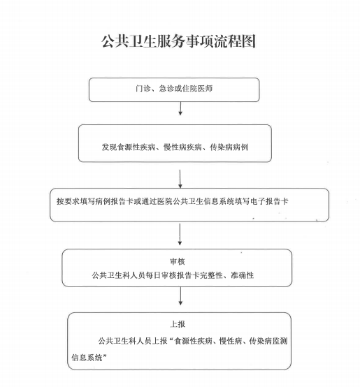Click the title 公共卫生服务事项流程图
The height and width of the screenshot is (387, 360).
(x=178, y=41)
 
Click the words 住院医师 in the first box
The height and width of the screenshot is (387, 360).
(x=197, y=88)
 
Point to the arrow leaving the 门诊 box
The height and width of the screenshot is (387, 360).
(x=180, y=108)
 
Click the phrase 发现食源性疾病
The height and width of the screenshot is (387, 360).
(x=129, y=147)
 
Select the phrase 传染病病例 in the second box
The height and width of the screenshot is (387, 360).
(x=229, y=147)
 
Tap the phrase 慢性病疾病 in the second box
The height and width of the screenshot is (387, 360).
(x=182, y=147)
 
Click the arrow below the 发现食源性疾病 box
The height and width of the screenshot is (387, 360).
(x=180, y=179)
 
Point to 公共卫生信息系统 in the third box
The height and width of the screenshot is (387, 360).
(x=203, y=201)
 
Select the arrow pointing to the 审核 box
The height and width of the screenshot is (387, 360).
(x=180, y=235)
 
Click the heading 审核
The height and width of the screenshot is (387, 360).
(x=178, y=261)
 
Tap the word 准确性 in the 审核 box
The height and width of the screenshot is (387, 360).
(x=243, y=275)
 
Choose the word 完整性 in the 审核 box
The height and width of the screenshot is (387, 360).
(x=211, y=275)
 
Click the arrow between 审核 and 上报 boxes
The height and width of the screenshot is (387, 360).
(x=180, y=296)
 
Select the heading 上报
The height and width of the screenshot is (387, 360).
(x=178, y=324)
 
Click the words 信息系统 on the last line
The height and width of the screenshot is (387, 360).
(x=87, y=358)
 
